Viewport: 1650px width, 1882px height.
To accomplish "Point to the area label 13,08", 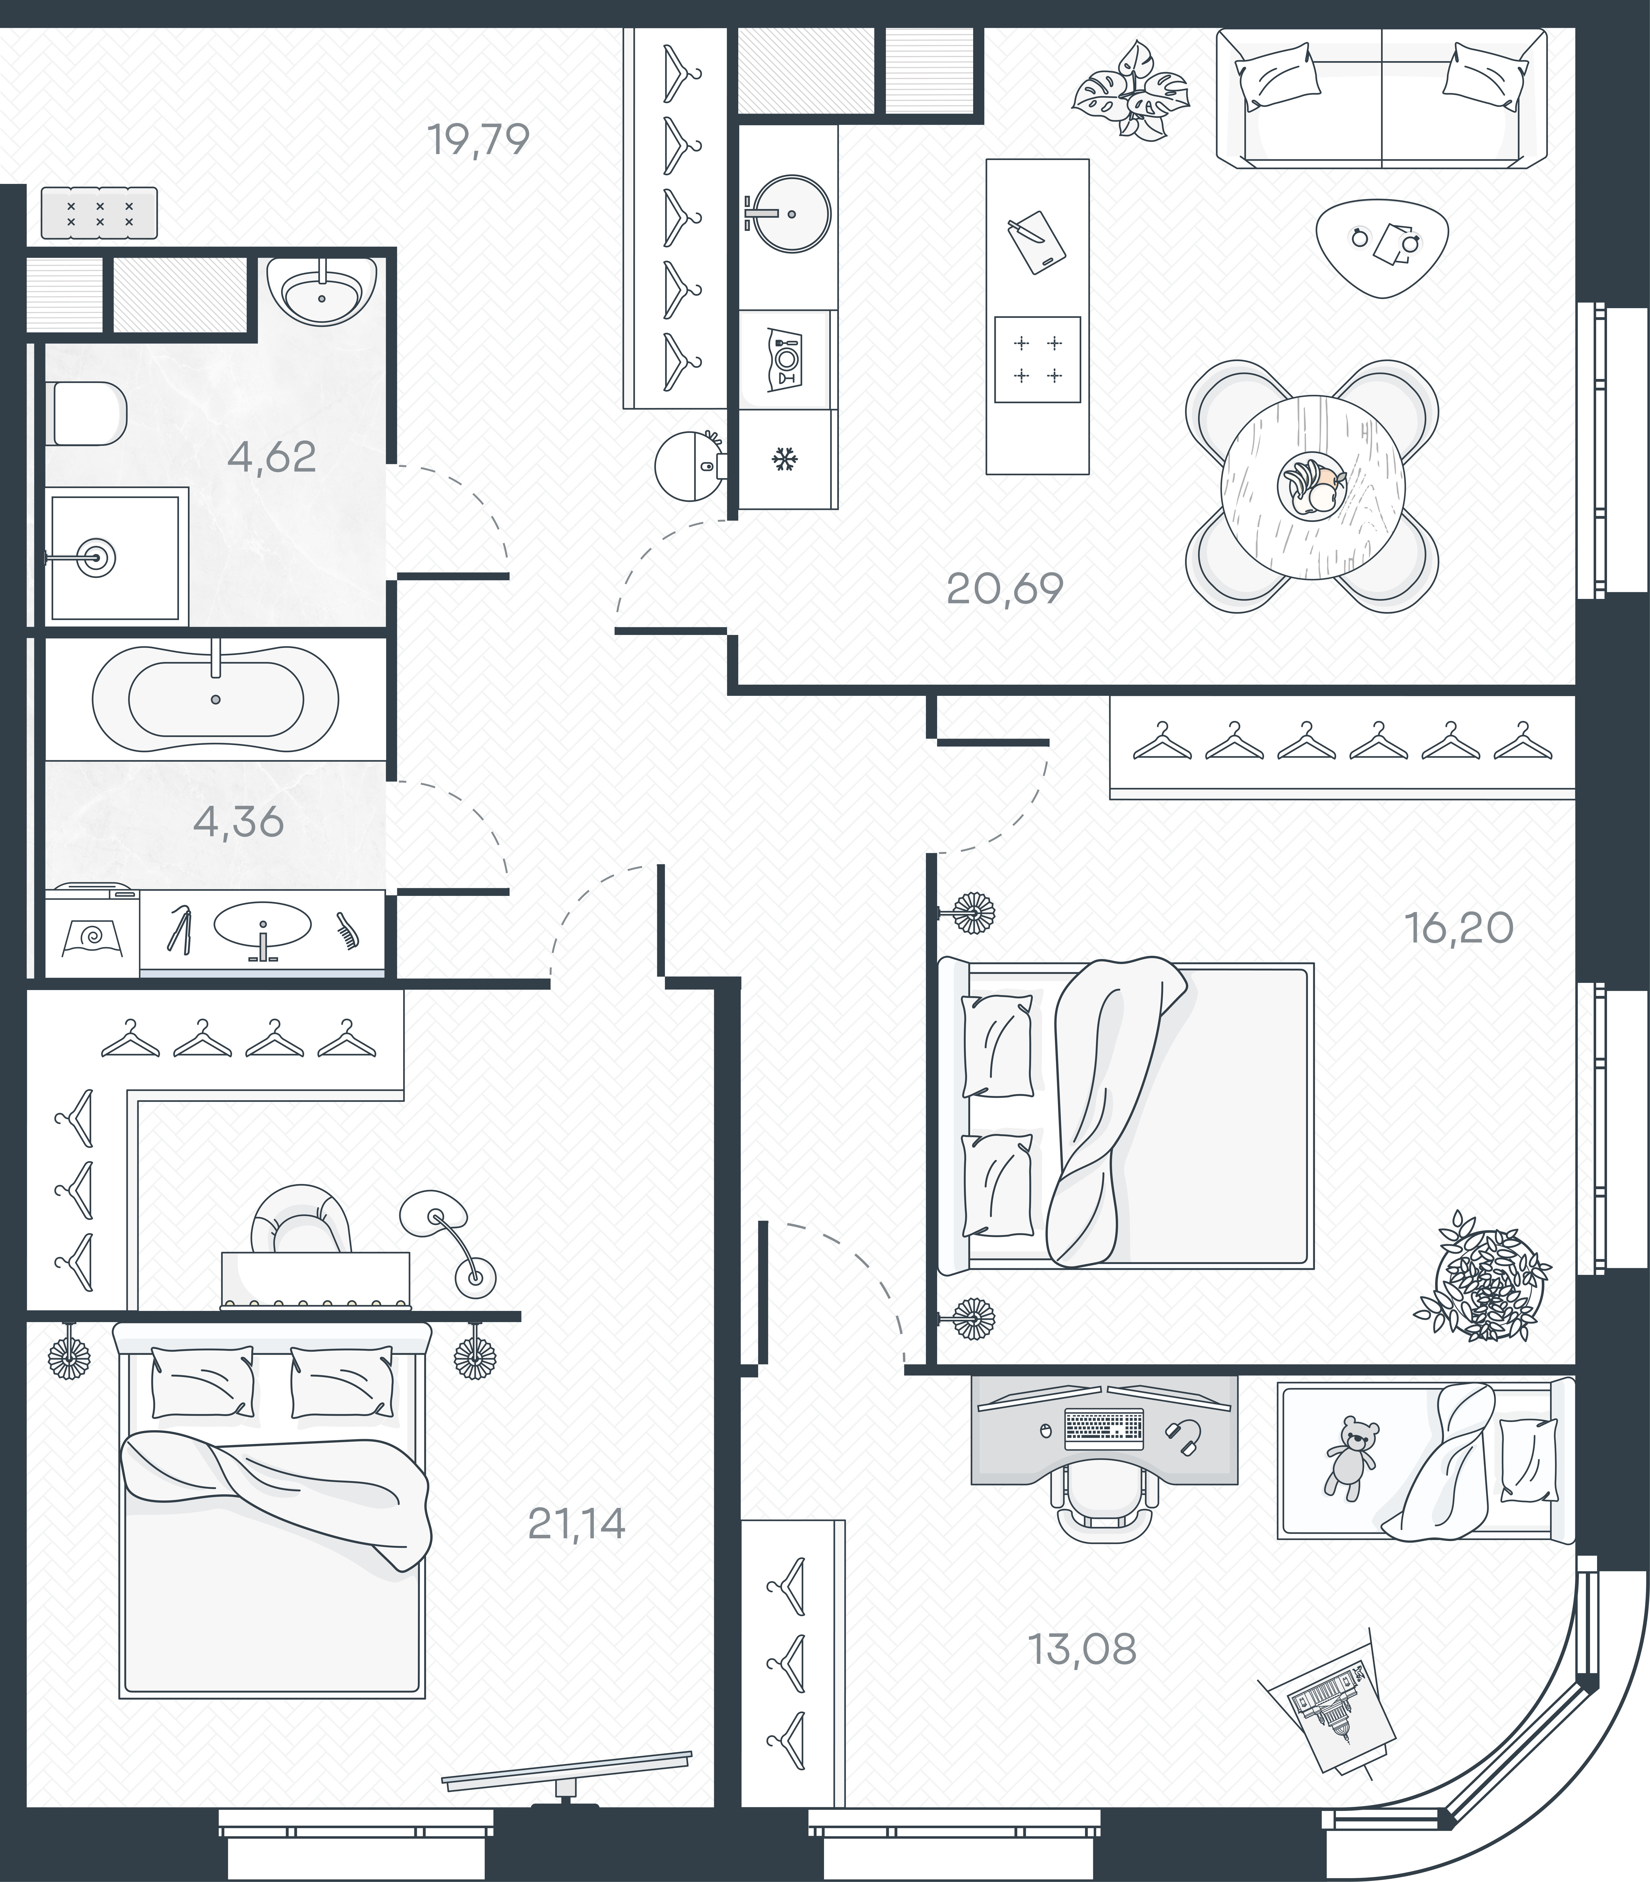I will pyautogui.click(x=1082, y=1649).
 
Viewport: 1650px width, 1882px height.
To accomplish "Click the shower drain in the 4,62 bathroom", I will pyautogui.click(x=95, y=556).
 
